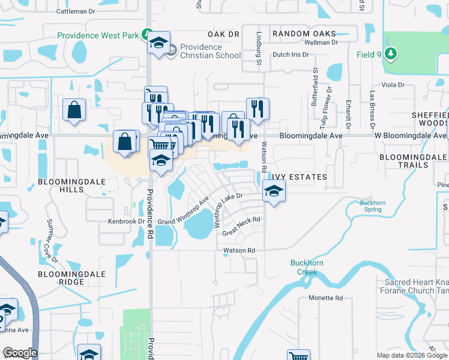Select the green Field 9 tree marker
tap(391, 55)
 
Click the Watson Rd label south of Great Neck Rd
tap(240, 250)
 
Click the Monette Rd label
tap(325, 298)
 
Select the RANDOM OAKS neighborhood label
tap(304, 34)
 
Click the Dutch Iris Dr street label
tap(291, 55)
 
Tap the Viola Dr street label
tap(394, 85)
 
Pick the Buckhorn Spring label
tap(372, 206)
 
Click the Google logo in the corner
tap(20, 353)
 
